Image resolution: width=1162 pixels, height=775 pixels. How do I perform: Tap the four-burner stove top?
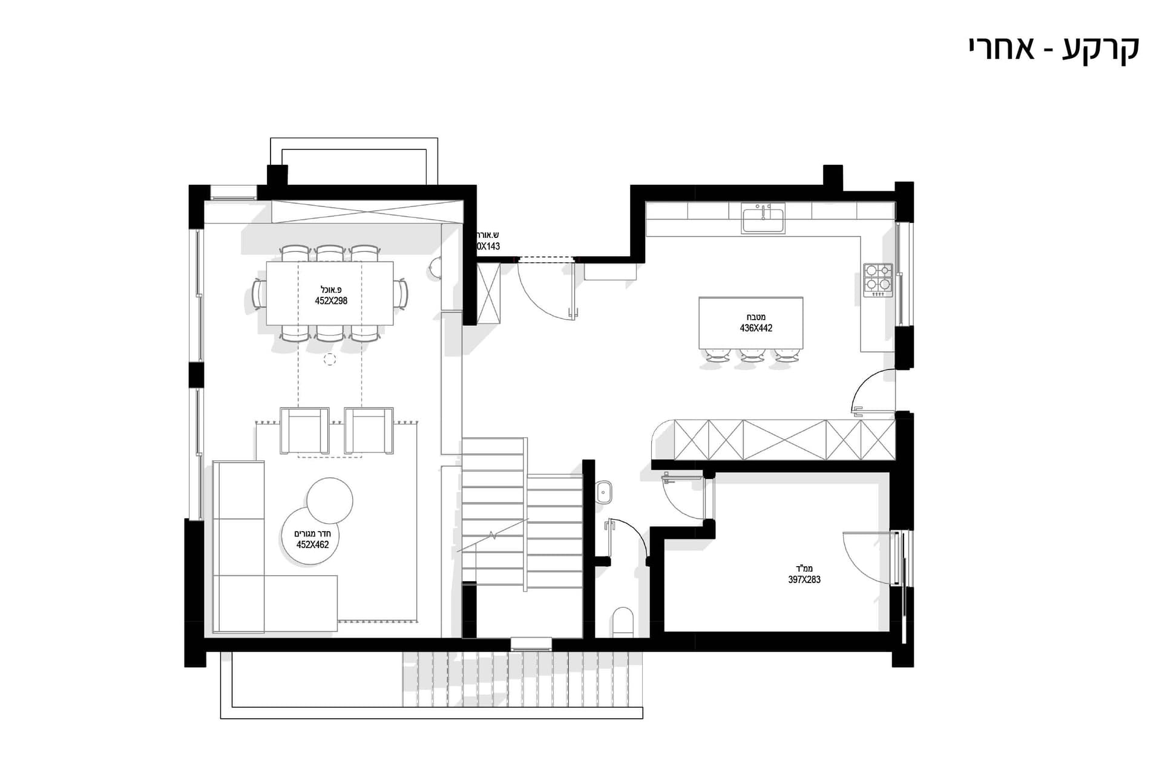pos(878,279)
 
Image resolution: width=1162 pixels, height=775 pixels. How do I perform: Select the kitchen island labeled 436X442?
pos(751,323)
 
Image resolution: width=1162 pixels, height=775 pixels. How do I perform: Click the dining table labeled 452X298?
pos(330,293)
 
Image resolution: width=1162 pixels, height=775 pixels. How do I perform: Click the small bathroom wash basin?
pos(605,492)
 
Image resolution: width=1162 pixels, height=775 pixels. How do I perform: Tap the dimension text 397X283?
pos(804,579)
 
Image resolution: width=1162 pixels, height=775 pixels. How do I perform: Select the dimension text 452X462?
pos(312,545)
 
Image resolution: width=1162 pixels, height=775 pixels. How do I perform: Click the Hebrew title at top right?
pos(1054,48)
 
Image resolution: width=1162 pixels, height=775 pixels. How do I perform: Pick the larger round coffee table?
pos(311,536)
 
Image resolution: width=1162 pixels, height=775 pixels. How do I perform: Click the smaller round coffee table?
pos(330,500)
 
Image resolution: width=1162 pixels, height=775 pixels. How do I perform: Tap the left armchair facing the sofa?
pos(304,430)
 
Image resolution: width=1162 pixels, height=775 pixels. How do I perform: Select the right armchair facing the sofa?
pos(369,430)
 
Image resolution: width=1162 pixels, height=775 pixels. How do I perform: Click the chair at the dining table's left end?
pos(259,294)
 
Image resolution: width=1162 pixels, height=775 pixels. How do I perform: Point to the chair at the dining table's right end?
pos(401,294)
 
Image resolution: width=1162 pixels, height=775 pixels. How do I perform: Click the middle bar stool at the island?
pos(751,357)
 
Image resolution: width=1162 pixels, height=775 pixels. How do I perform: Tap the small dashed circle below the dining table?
pos(329,359)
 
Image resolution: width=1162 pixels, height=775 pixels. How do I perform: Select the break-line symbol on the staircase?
pos(493,536)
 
